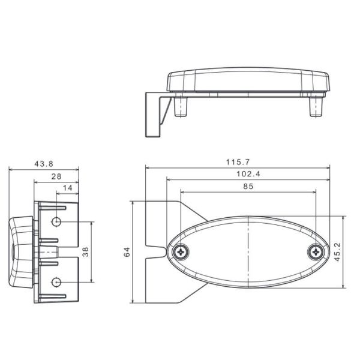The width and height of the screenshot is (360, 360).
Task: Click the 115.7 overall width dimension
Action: [x=238, y=162]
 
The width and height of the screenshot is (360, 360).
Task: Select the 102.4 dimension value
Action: [x=248, y=174]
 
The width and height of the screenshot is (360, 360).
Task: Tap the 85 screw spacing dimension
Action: [x=248, y=187]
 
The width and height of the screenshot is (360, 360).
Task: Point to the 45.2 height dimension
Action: [x=338, y=252]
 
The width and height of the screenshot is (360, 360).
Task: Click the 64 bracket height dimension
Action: [x=127, y=253]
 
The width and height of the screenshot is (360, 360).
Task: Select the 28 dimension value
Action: [x=56, y=176]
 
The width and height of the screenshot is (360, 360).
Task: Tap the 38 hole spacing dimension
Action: [x=86, y=252]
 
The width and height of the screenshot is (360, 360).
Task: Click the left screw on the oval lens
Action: [x=179, y=253]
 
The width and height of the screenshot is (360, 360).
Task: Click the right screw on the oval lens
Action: [x=316, y=253]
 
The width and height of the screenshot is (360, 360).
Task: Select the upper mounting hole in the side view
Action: [x=56, y=222]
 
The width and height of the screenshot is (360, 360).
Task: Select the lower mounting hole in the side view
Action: [x=56, y=282]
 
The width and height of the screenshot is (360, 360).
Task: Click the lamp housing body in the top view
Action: [x=248, y=80]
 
